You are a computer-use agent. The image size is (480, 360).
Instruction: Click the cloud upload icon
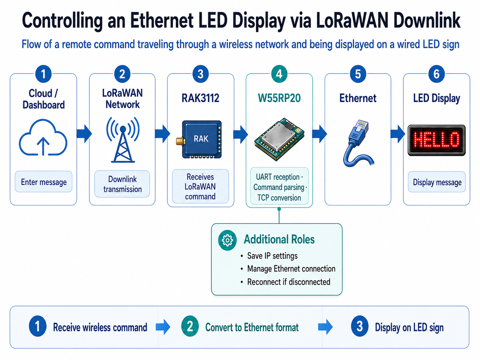tap(43, 137)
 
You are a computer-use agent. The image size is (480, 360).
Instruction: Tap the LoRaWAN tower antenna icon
tap(123, 140)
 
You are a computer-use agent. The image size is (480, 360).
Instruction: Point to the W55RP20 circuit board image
tap(279, 139)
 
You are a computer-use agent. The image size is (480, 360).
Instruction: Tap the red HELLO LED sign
tap(437, 140)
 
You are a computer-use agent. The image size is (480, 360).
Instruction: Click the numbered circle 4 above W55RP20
tap(279, 74)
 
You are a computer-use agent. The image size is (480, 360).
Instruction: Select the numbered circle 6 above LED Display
tap(437, 74)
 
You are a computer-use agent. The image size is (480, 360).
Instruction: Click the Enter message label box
tap(43, 182)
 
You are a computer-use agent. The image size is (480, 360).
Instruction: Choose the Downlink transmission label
tap(122, 184)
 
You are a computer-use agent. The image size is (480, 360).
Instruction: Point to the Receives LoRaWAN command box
tap(201, 186)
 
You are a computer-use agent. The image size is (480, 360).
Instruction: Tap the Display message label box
tap(437, 182)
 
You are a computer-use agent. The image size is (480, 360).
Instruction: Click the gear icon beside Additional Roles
tap(227, 240)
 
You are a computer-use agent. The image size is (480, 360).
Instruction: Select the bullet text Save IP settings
tap(272, 256)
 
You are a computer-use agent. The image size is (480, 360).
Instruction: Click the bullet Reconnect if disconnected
tap(289, 282)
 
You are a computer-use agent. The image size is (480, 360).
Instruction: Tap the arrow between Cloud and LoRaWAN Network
tap(84, 134)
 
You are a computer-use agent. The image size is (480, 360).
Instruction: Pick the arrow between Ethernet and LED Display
tap(398, 134)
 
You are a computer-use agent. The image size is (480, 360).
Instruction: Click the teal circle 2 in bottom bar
tap(190, 327)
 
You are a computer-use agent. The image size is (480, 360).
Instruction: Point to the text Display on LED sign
tap(409, 328)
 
